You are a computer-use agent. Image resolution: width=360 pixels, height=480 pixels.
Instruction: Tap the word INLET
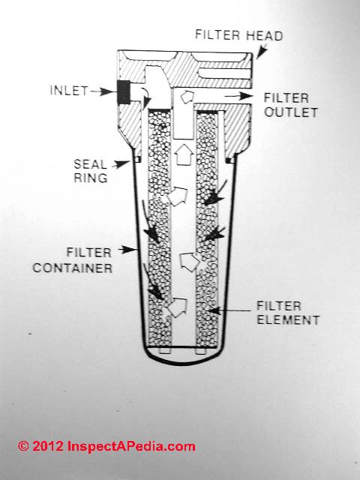pyautogui.click(x=69, y=91)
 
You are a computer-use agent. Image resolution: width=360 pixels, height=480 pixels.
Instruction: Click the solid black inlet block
pyautogui.click(x=124, y=92)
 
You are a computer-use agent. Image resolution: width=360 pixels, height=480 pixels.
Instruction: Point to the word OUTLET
pyautogui.click(x=291, y=112)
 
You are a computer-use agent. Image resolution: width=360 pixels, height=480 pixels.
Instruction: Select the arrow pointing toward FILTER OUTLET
pyautogui.click(x=238, y=96)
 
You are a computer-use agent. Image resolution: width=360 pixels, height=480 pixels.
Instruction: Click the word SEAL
pyautogui.click(x=90, y=164)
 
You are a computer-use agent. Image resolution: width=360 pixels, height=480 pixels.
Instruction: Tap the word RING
pyautogui.click(x=91, y=178)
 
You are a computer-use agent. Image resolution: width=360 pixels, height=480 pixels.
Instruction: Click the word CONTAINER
pyautogui.click(x=73, y=268)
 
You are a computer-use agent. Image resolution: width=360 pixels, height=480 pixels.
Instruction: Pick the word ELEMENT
pyautogui.click(x=288, y=320)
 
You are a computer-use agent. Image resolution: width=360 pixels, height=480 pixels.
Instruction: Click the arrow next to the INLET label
pyautogui.click(x=103, y=91)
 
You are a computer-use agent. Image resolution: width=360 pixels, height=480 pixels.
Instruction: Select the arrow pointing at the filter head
pyautogui.click(x=261, y=52)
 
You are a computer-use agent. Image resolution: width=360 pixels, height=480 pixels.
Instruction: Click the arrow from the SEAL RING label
pyautogui.click(x=121, y=165)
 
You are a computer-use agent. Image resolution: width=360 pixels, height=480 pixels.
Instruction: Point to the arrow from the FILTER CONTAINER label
pyautogui.click(x=127, y=250)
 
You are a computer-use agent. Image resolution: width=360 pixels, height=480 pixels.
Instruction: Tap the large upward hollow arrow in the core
pyautogui.click(x=183, y=154)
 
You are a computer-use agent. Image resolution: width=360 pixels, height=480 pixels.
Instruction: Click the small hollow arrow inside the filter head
pyautogui.click(x=187, y=97)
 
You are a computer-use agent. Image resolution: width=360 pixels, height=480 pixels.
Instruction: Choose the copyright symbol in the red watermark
pyautogui.click(x=23, y=446)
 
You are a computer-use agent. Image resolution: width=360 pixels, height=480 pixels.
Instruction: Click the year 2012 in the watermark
pyautogui.click(x=48, y=446)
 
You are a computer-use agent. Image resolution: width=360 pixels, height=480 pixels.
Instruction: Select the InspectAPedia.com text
pyautogui.click(x=131, y=447)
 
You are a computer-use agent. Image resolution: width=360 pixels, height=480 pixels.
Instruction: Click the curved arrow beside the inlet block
pyautogui.click(x=145, y=96)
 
